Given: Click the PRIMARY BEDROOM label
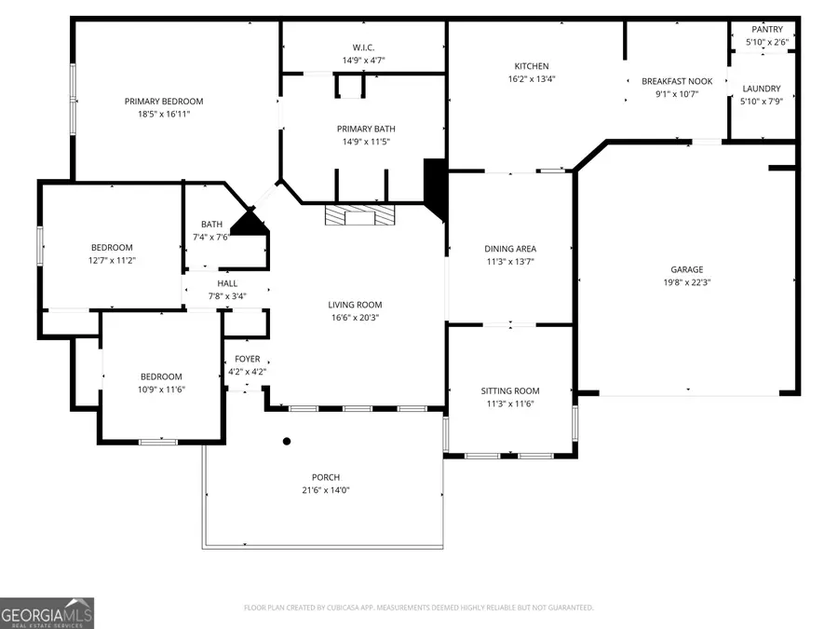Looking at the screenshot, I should click(164, 102).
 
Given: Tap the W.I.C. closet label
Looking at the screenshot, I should click(363, 48).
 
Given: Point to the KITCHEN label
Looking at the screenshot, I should click(532, 66).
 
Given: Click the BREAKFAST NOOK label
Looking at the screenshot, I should click(677, 81).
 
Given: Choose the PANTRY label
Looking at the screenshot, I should click(768, 30).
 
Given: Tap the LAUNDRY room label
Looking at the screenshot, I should click(761, 89).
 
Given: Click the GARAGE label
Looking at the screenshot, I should click(687, 269).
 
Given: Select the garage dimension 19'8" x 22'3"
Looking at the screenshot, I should click(687, 282).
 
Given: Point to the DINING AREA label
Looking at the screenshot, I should click(510, 249).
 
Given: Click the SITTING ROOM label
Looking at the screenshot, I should click(510, 390).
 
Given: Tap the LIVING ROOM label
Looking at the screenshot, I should click(355, 305).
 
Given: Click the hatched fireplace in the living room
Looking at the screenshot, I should click(359, 216).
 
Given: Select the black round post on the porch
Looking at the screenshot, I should click(287, 442).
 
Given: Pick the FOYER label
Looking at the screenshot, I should click(247, 359).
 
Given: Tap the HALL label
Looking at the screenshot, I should click(227, 283).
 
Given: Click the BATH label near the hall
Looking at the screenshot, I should click(211, 224).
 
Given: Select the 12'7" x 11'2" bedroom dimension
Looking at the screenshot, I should click(112, 260).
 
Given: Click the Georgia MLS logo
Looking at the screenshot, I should click(47, 613).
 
